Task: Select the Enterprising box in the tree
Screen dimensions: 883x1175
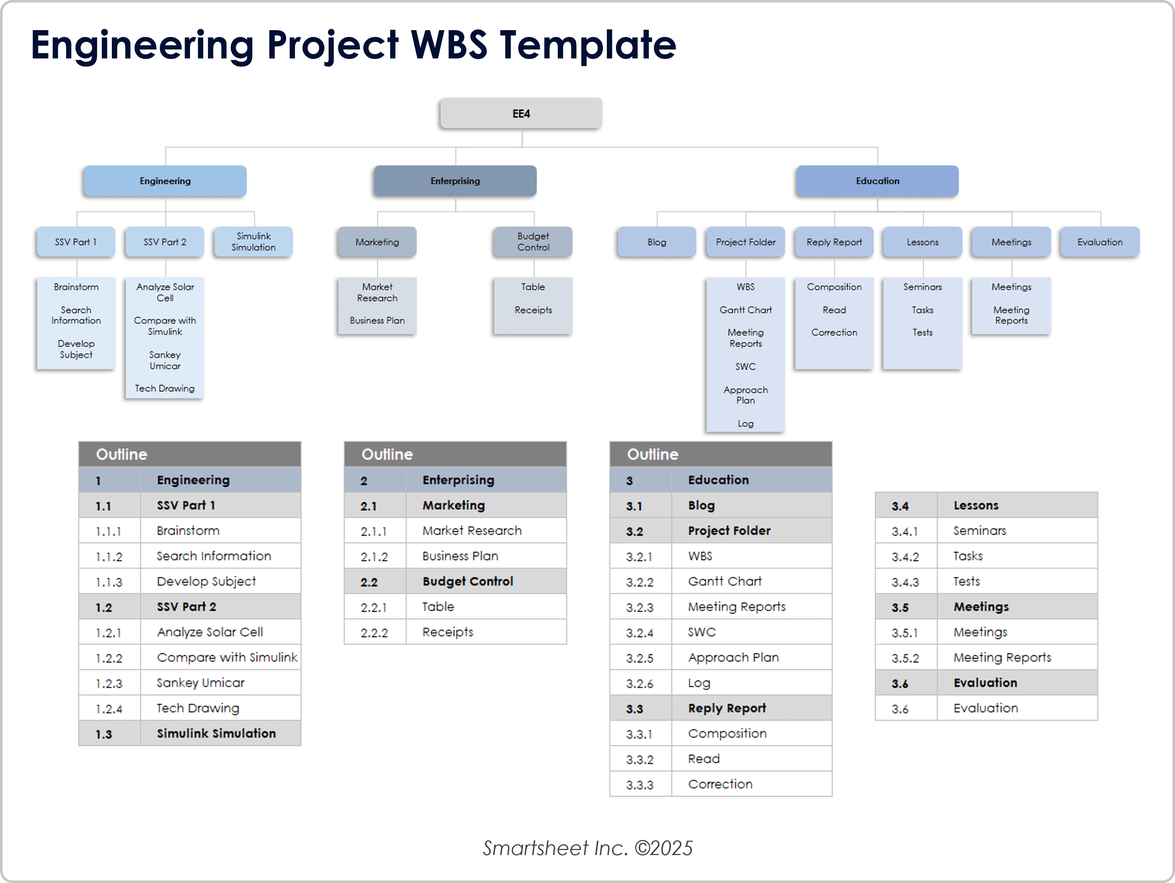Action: coord(455,181)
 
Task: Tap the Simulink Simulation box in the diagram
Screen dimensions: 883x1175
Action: coord(253,242)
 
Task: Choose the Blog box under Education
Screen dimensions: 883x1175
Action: coord(657,242)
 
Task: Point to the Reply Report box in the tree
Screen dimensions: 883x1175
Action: coord(834,242)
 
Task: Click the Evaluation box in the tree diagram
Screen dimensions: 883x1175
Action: coord(1100,242)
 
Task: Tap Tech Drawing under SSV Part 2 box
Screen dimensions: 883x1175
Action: coord(165,388)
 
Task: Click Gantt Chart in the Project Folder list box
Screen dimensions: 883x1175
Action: coord(745,310)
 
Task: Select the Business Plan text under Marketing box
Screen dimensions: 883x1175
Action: coord(377,321)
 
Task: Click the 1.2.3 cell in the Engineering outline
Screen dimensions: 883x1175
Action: coord(109,683)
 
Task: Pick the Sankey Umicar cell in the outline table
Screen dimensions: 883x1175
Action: coord(201,683)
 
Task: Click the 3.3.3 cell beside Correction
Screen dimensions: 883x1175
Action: coord(639,785)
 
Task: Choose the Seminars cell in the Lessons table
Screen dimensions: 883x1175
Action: coord(980,530)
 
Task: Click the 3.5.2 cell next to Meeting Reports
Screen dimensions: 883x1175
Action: coord(905,658)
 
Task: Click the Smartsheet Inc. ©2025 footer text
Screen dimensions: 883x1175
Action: coord(587,848)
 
